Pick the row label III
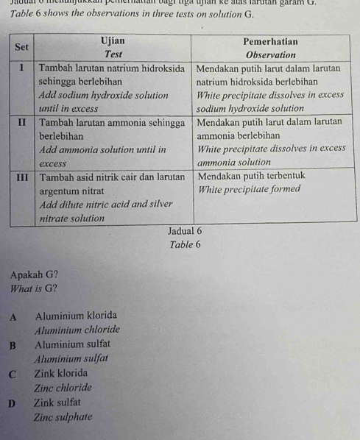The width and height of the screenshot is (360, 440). point(24,176)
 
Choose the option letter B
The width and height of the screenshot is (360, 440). point(13,343)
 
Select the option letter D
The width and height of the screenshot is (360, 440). point(13,402)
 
